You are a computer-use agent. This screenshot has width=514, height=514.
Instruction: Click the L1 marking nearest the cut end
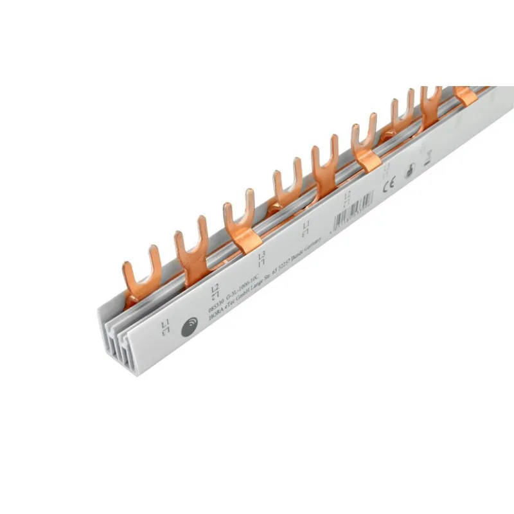coord(166,326)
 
